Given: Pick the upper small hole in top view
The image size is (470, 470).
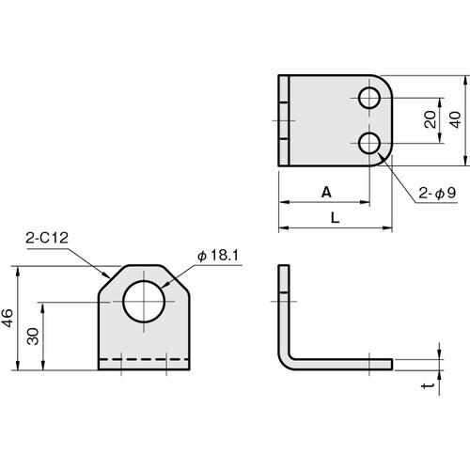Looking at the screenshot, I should tap(370, 97).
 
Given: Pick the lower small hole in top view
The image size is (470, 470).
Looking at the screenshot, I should tap(370, 144).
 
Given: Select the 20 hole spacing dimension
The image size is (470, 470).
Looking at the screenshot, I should tap(430, 120).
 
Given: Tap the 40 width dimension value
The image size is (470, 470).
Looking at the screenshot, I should tap(456, 120).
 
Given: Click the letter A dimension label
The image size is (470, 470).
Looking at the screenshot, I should tap(326, 192).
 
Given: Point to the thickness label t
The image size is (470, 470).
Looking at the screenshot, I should tap(430, 386).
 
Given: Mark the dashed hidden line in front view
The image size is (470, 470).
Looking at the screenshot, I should tap(146, 360).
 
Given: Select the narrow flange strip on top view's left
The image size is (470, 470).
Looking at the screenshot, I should tap(283, 120).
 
